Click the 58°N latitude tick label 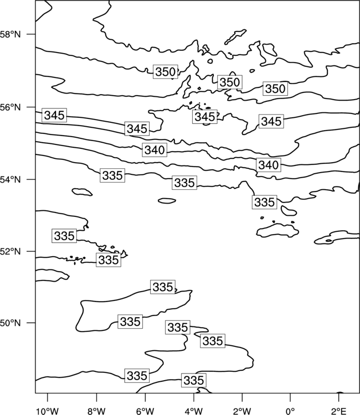10,34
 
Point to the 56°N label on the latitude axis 10,107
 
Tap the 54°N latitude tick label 10,180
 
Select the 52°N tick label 10,251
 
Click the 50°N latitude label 10,323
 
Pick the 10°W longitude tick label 47,411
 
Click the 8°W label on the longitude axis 96,411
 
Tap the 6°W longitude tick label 145,411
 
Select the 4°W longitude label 194,411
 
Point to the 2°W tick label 242,411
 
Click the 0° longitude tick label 290,411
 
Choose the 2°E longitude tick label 339,411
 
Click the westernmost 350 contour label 165,72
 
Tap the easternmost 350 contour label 275,89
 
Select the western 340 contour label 155,150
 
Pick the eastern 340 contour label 269,165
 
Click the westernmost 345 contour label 54,115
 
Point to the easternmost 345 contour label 271,122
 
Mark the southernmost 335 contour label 194,380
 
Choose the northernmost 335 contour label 112,175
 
